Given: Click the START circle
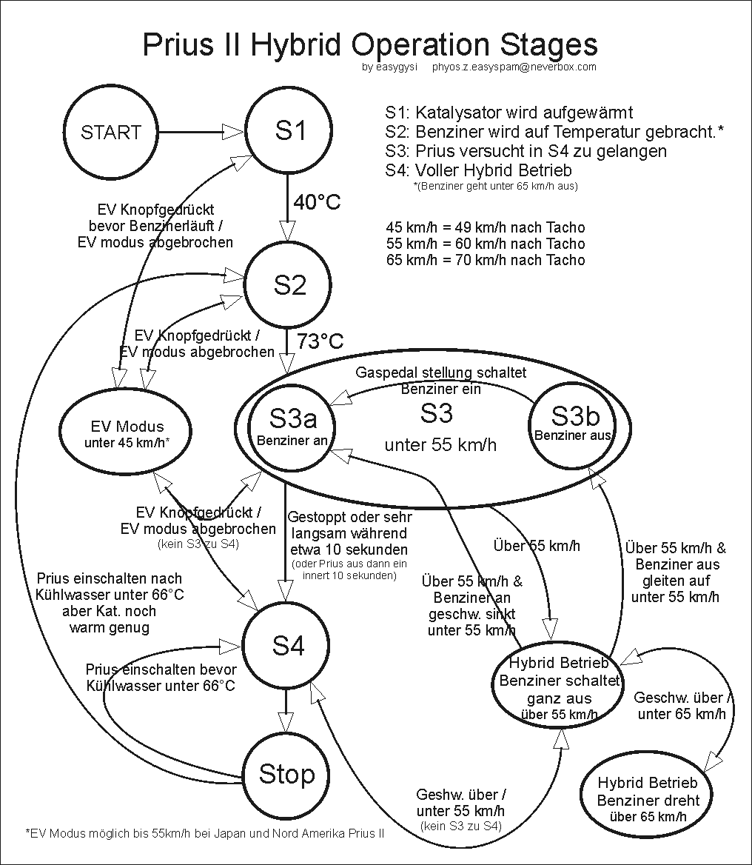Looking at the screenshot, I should click(111, 133).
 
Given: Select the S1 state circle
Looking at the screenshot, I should click(289, 131).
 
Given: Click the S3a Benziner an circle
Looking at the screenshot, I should click(292, 425).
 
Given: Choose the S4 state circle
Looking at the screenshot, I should click(288, 646).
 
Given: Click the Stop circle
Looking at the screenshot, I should click(286, 775).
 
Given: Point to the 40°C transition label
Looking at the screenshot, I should click(317, 201).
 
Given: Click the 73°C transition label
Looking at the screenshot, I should click(320, 341).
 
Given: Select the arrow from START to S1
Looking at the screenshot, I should click(201, 133).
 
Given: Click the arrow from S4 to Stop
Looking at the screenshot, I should click(286, 712).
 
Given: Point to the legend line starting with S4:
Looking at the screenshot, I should click(478, 170).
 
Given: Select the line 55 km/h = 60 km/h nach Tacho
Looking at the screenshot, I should click(485, 244).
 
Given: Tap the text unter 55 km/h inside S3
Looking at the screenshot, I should click(440, 445).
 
